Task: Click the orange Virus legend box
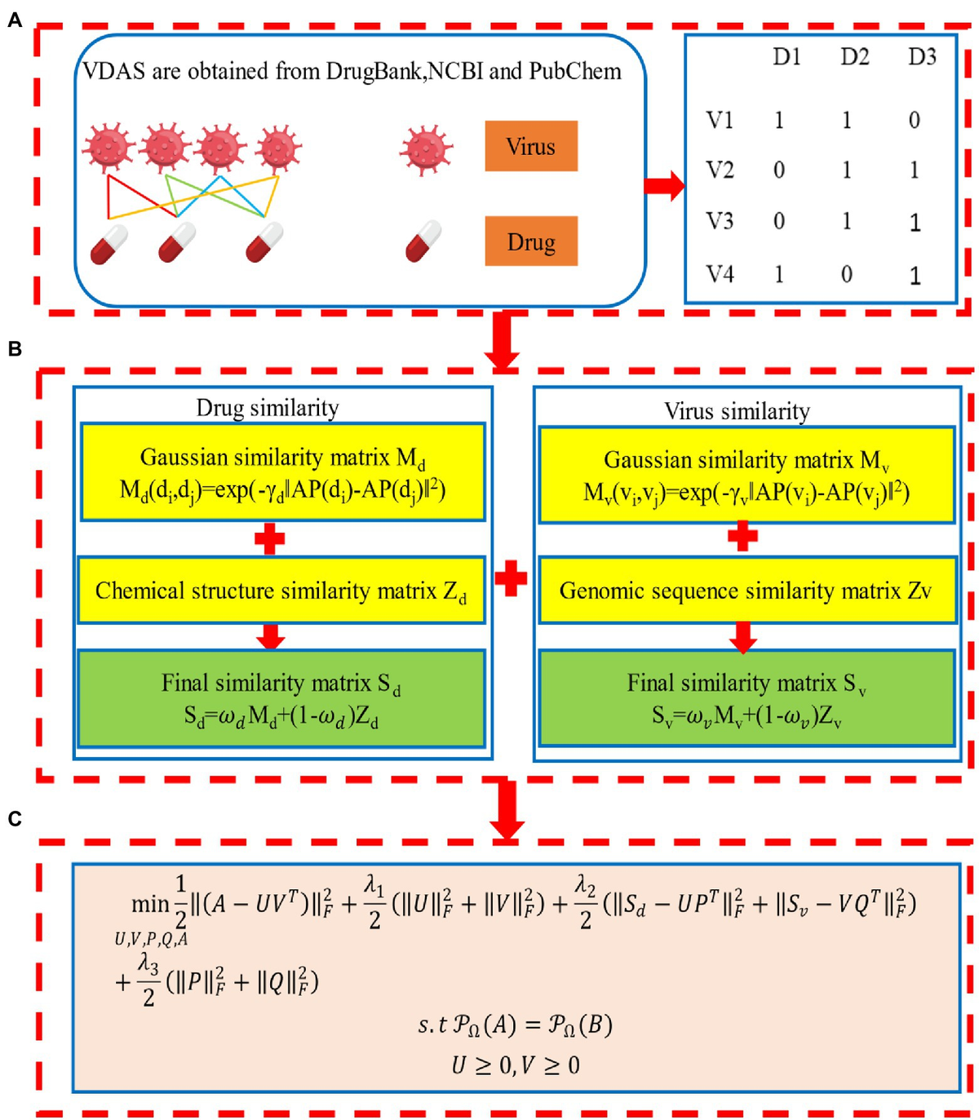pyautogui.click(x=531, y=146)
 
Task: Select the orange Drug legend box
pyautogui.click(x=531, y=241)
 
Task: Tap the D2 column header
pyautogui.click(x=854, y=57)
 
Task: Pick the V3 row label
pyautogui.click(x=720, y=221)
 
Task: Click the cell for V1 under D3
pyautogui.click(x=915, y=121)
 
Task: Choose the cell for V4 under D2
pyautogui.click(x=847, y=274)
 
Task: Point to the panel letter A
pyautogui.click(x=15, y=20)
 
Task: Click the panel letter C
pyautogui.click(x=15, y=819)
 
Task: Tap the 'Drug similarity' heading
pyautogui.click(x=268, y=407)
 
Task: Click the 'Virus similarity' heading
pyautogui.click(x=737, y=410)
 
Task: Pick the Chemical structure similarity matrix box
pyautogui.click(x=281, y=591)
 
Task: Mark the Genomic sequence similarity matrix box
pyautogui.click(x=746, y=591)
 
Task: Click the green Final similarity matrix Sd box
pyautogui.click(x=281, y=698)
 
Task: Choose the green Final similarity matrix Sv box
pyautogui.click(x=746, y=698)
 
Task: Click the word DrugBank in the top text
pyautogui.click(x=374, y=72)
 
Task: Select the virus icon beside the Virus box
pyautogui.click(x=426, y=150)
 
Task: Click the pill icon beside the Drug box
pyautogui.click(x=423, y=242)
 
